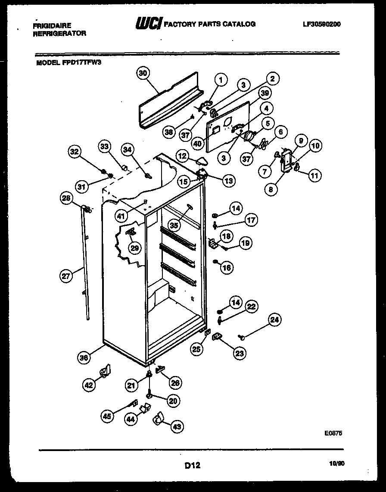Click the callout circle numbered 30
coord(143,73)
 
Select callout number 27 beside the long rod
coord(66,276)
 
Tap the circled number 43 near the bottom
coord(177,426)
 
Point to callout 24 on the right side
coord(274,320)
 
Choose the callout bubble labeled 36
coord(84,357)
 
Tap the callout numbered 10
coord(315,146)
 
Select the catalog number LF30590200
coord(321,24)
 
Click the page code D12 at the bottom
coord(193,465)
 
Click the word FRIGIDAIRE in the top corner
coord(52,25)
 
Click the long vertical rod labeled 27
coord(84,263)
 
